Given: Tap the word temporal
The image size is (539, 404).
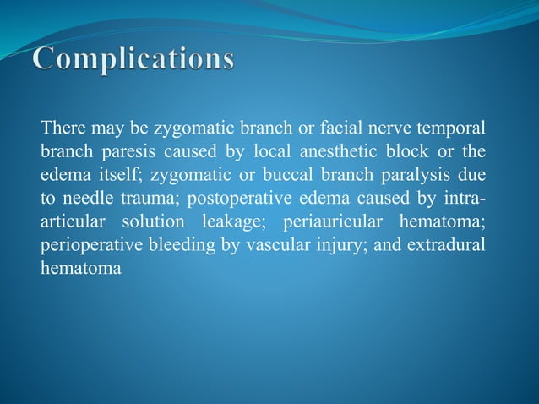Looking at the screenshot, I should [x=454, y=129].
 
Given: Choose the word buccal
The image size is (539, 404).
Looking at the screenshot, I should [x=282, y=175].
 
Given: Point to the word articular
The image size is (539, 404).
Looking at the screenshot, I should [x=73, y=221].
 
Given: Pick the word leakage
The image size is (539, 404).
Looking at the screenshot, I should [x=233, y=221].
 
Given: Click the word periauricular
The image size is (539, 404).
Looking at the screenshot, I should [x=338, y=221].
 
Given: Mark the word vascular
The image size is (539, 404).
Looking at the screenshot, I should [x=278, y=243].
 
